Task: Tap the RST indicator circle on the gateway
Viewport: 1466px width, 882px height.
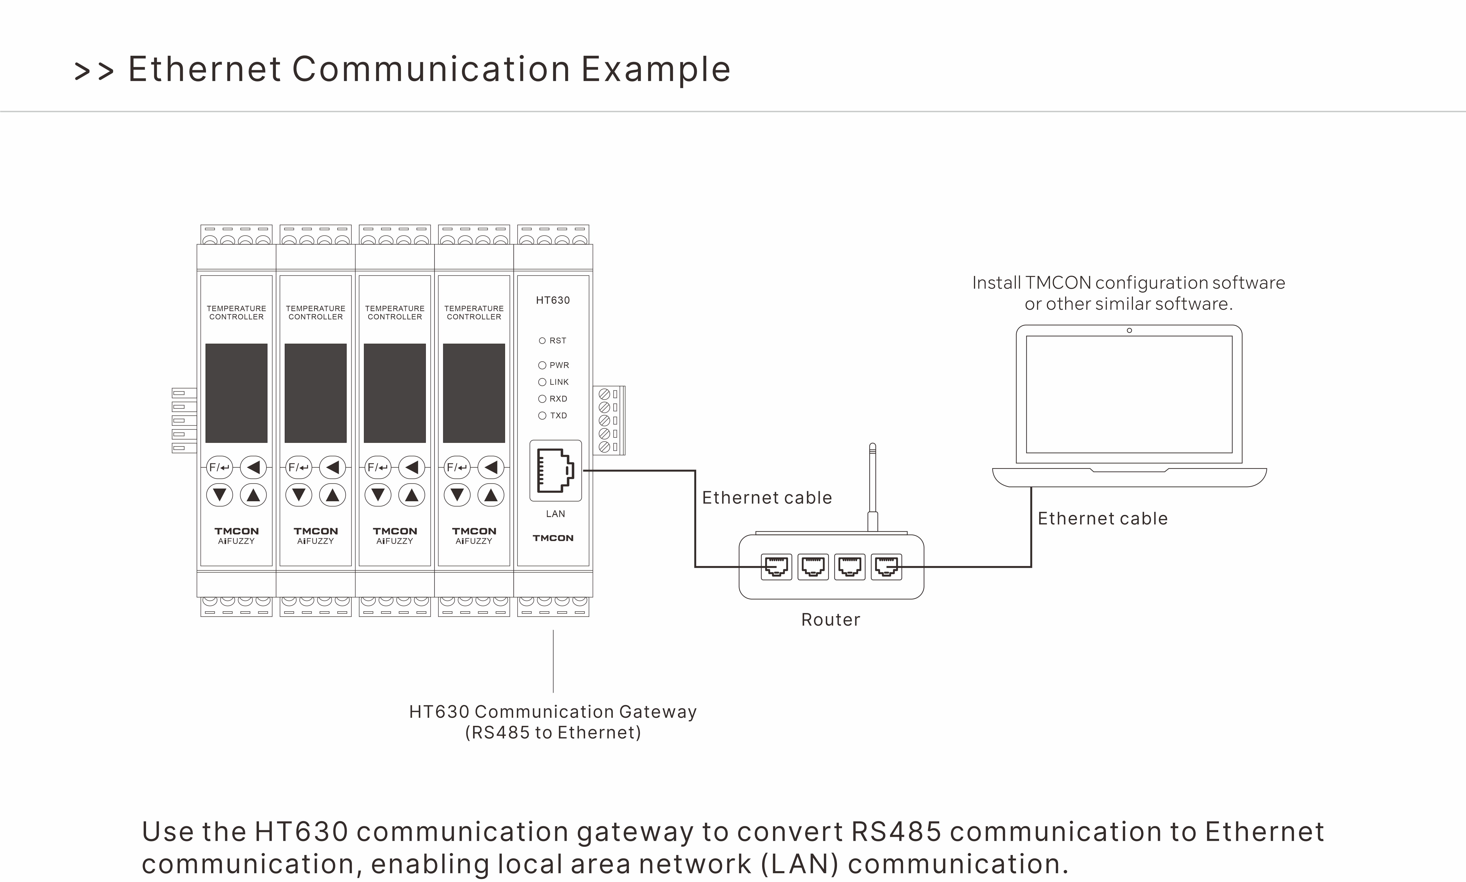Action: point(542,340)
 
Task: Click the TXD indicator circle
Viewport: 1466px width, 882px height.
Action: point(542,415)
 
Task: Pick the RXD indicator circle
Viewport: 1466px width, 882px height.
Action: point(542,399)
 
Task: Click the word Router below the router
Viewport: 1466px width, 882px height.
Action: point(830,620)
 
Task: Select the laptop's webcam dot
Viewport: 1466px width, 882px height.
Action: point(1129,331)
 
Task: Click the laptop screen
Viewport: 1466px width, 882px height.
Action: point(1129,395)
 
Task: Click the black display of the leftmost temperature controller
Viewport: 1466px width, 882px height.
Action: point(236,393)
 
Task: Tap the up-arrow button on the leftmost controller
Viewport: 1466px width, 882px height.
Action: point(253,495)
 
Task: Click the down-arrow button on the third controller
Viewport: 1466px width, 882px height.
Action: point(378,495)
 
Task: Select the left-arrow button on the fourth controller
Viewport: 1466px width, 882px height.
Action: point(491,467)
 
